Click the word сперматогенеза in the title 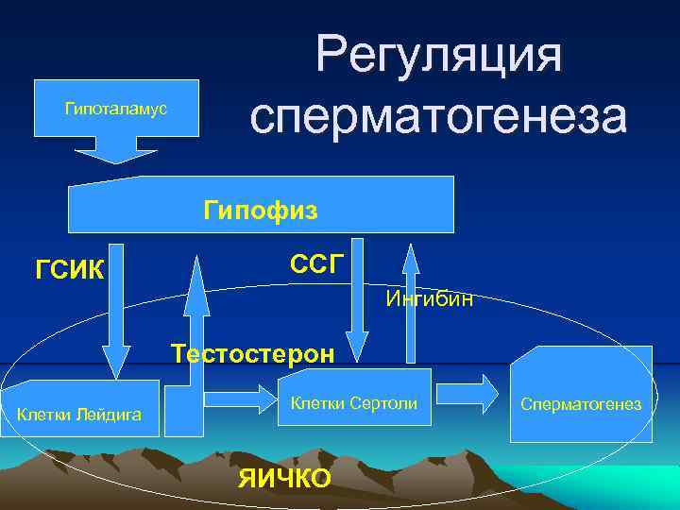point(439,115)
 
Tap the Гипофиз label point(261,209)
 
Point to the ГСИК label point(72,271)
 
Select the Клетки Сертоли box point(354,404)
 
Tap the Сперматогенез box point(581,404)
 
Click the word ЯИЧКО point(284,478)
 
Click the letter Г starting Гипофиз point(210,209)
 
